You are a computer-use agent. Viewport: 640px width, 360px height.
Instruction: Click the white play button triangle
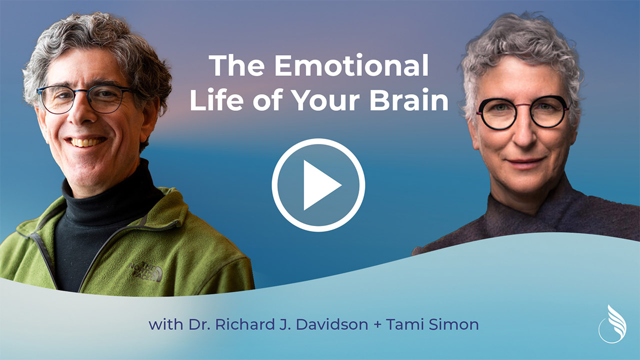coord(320,185)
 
